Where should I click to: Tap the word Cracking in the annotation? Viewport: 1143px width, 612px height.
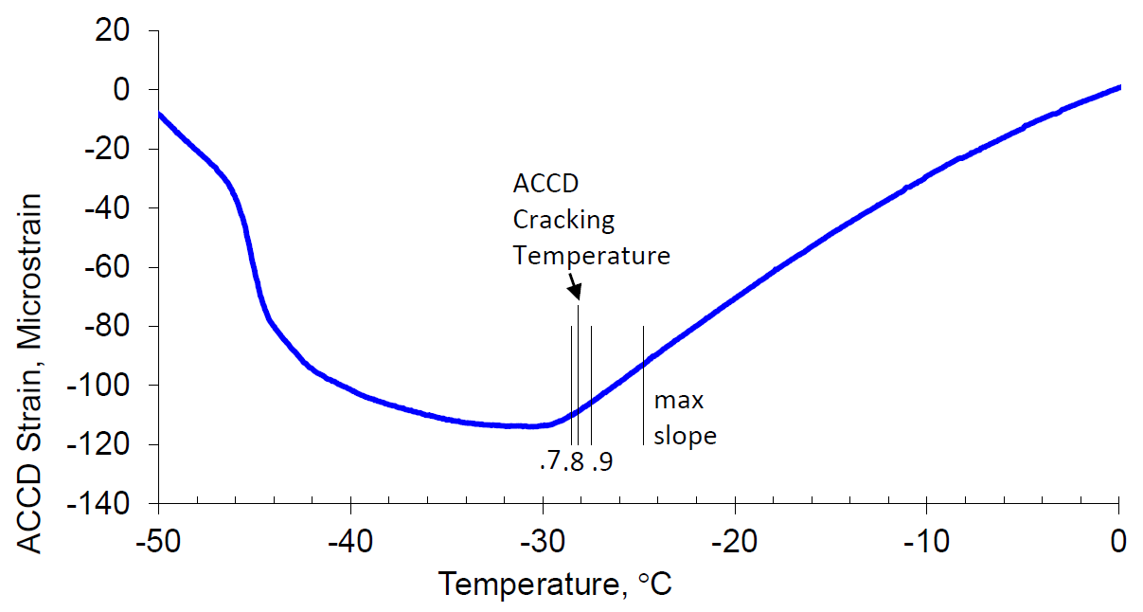pyautogui.click(x=563, y=220)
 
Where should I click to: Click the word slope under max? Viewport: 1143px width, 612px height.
pyautogui.click(x=685, y=437)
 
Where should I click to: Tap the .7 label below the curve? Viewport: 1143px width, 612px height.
pyautogui.click(x=548, y=462)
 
